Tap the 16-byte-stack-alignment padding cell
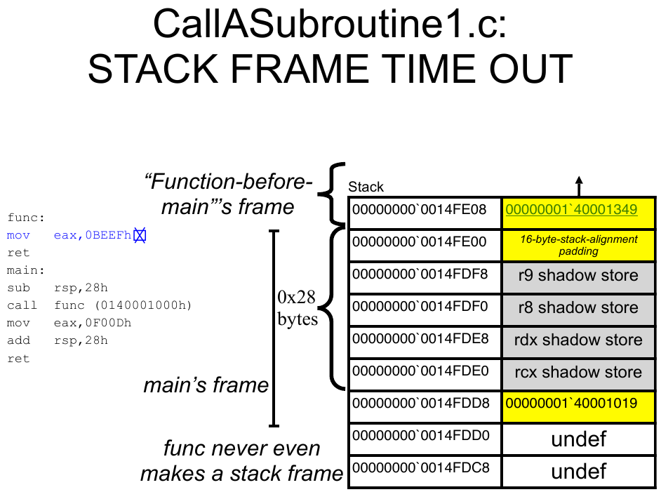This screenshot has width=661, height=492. click(578, 245)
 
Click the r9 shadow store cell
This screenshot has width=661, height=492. click(578, 276)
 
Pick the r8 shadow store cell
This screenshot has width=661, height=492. click(578, 308)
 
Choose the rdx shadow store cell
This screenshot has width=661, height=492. click(578, 340)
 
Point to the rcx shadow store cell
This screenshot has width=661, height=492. click(578, 373)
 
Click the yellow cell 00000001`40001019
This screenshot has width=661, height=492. click(578, 404)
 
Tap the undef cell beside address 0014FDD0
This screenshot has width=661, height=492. click(578, 440)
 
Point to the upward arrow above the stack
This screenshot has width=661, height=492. click(579, 186)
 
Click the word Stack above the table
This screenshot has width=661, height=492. click(366, 187)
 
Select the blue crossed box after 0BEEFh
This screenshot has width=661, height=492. click(140, 236)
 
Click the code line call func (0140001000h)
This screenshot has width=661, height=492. click(98, 305)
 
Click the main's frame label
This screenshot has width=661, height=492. click(206, 385)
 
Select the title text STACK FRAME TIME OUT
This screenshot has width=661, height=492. click(330, 69)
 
